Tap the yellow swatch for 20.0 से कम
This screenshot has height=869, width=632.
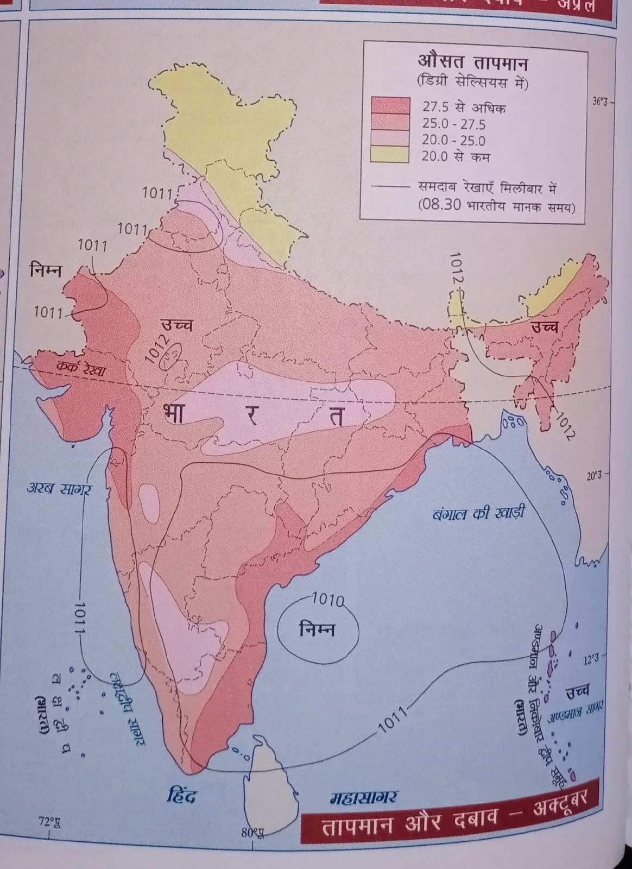point(390,155)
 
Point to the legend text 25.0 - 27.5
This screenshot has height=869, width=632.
point(454,124)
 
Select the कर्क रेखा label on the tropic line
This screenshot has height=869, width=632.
point(82,370)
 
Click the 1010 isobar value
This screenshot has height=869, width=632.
point(328,600)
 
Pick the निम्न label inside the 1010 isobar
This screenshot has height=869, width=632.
point(318,629)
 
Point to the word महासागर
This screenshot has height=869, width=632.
point(363,797)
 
